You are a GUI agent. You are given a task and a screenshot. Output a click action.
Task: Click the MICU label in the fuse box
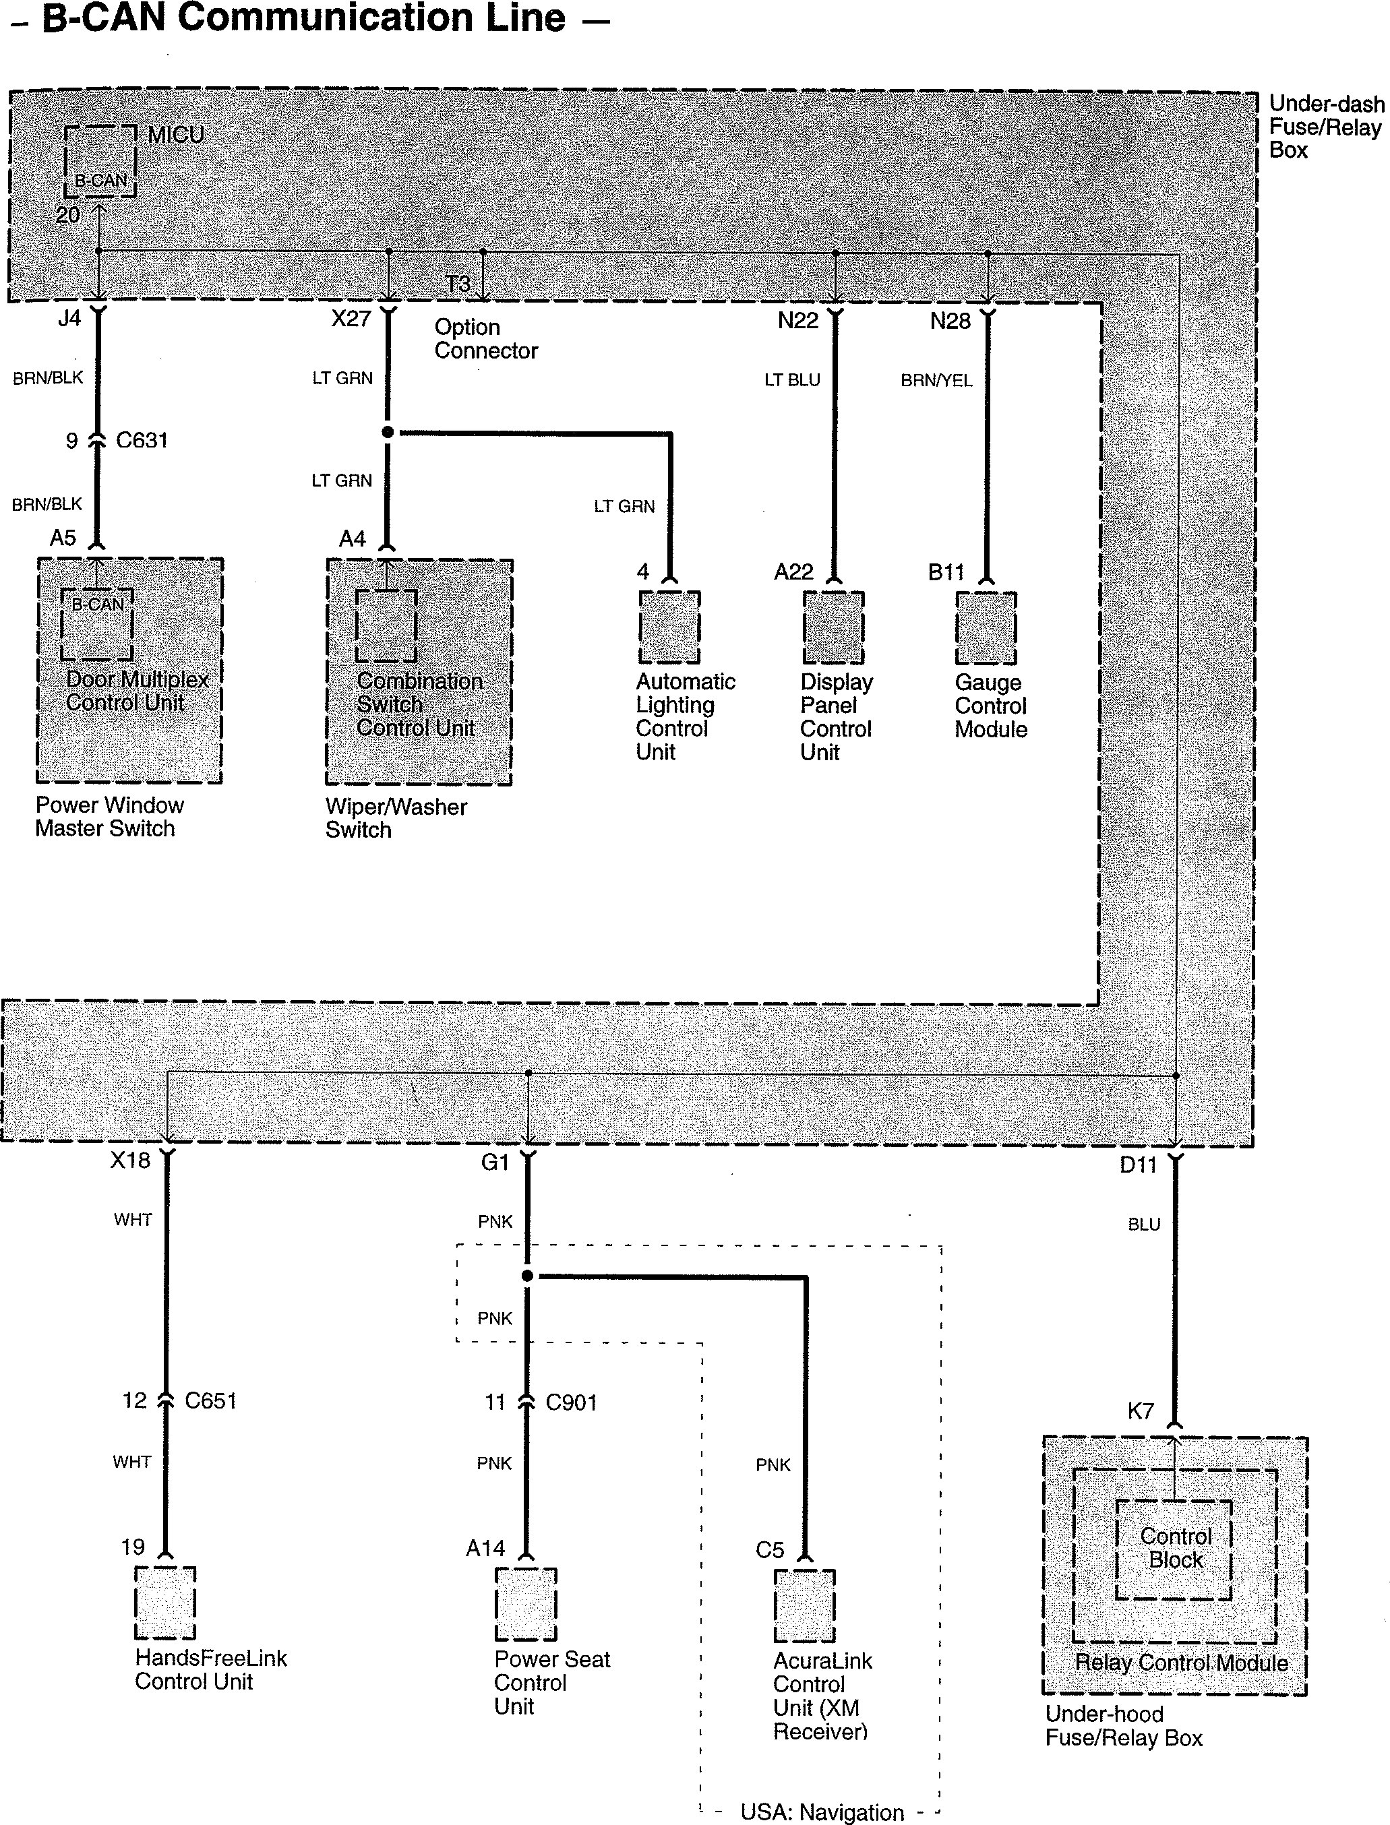tap(175, 135)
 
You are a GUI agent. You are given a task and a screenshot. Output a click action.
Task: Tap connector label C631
tap(142, 440)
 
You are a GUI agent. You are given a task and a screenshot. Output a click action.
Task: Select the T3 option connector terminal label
tap(458, 284)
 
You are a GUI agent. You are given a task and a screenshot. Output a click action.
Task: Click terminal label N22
tap(797, 321)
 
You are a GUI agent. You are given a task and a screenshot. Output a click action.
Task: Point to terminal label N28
tap(950, 321)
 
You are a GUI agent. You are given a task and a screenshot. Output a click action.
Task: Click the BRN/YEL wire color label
tap(936, 381)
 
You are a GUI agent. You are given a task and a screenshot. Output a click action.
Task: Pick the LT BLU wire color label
tap(792, 379)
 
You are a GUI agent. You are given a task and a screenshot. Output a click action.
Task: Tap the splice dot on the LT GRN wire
tap(387, 432)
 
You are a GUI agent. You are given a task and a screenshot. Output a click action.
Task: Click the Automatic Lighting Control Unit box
tap(669, 627)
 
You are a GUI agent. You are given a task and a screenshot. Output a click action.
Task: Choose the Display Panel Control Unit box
tap(833, 627)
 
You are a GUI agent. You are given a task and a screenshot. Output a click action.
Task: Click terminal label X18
tap(130, 1161)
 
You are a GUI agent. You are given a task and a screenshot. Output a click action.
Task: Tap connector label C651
tap(210, 1400)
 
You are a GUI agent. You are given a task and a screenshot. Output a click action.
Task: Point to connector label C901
tap(571, 1402)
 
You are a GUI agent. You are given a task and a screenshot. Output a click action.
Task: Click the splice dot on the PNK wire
tap(528, 1276)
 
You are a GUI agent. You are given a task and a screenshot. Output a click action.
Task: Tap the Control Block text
tap(1175, 1548)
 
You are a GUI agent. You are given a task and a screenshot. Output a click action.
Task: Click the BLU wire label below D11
tap(1143, 1225)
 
